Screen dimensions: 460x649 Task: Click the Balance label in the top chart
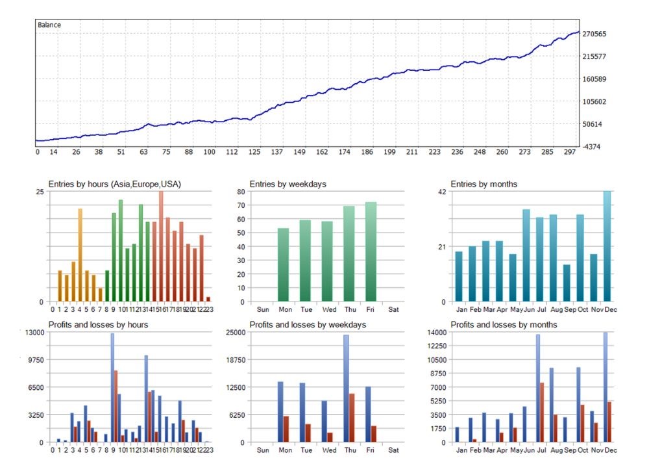coord(49,25)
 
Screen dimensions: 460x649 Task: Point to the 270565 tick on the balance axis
coord(596,34)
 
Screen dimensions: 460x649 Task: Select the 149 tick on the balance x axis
coord(299,152)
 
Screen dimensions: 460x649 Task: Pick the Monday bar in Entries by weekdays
coord(283,265)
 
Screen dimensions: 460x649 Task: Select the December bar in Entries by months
coord(607,246)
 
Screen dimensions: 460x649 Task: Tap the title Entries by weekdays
coord(288,185)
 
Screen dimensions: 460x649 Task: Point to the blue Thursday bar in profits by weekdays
coord(347,389)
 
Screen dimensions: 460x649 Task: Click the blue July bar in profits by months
coord(537,389)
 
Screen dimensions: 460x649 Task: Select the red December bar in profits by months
coord(609,422)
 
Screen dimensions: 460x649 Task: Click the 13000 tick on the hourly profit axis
coord(34,332)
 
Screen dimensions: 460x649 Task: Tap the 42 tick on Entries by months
coord(442,192)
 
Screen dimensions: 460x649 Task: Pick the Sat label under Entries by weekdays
coord(393,309)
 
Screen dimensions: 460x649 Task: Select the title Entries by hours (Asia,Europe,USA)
coord(114,185)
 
